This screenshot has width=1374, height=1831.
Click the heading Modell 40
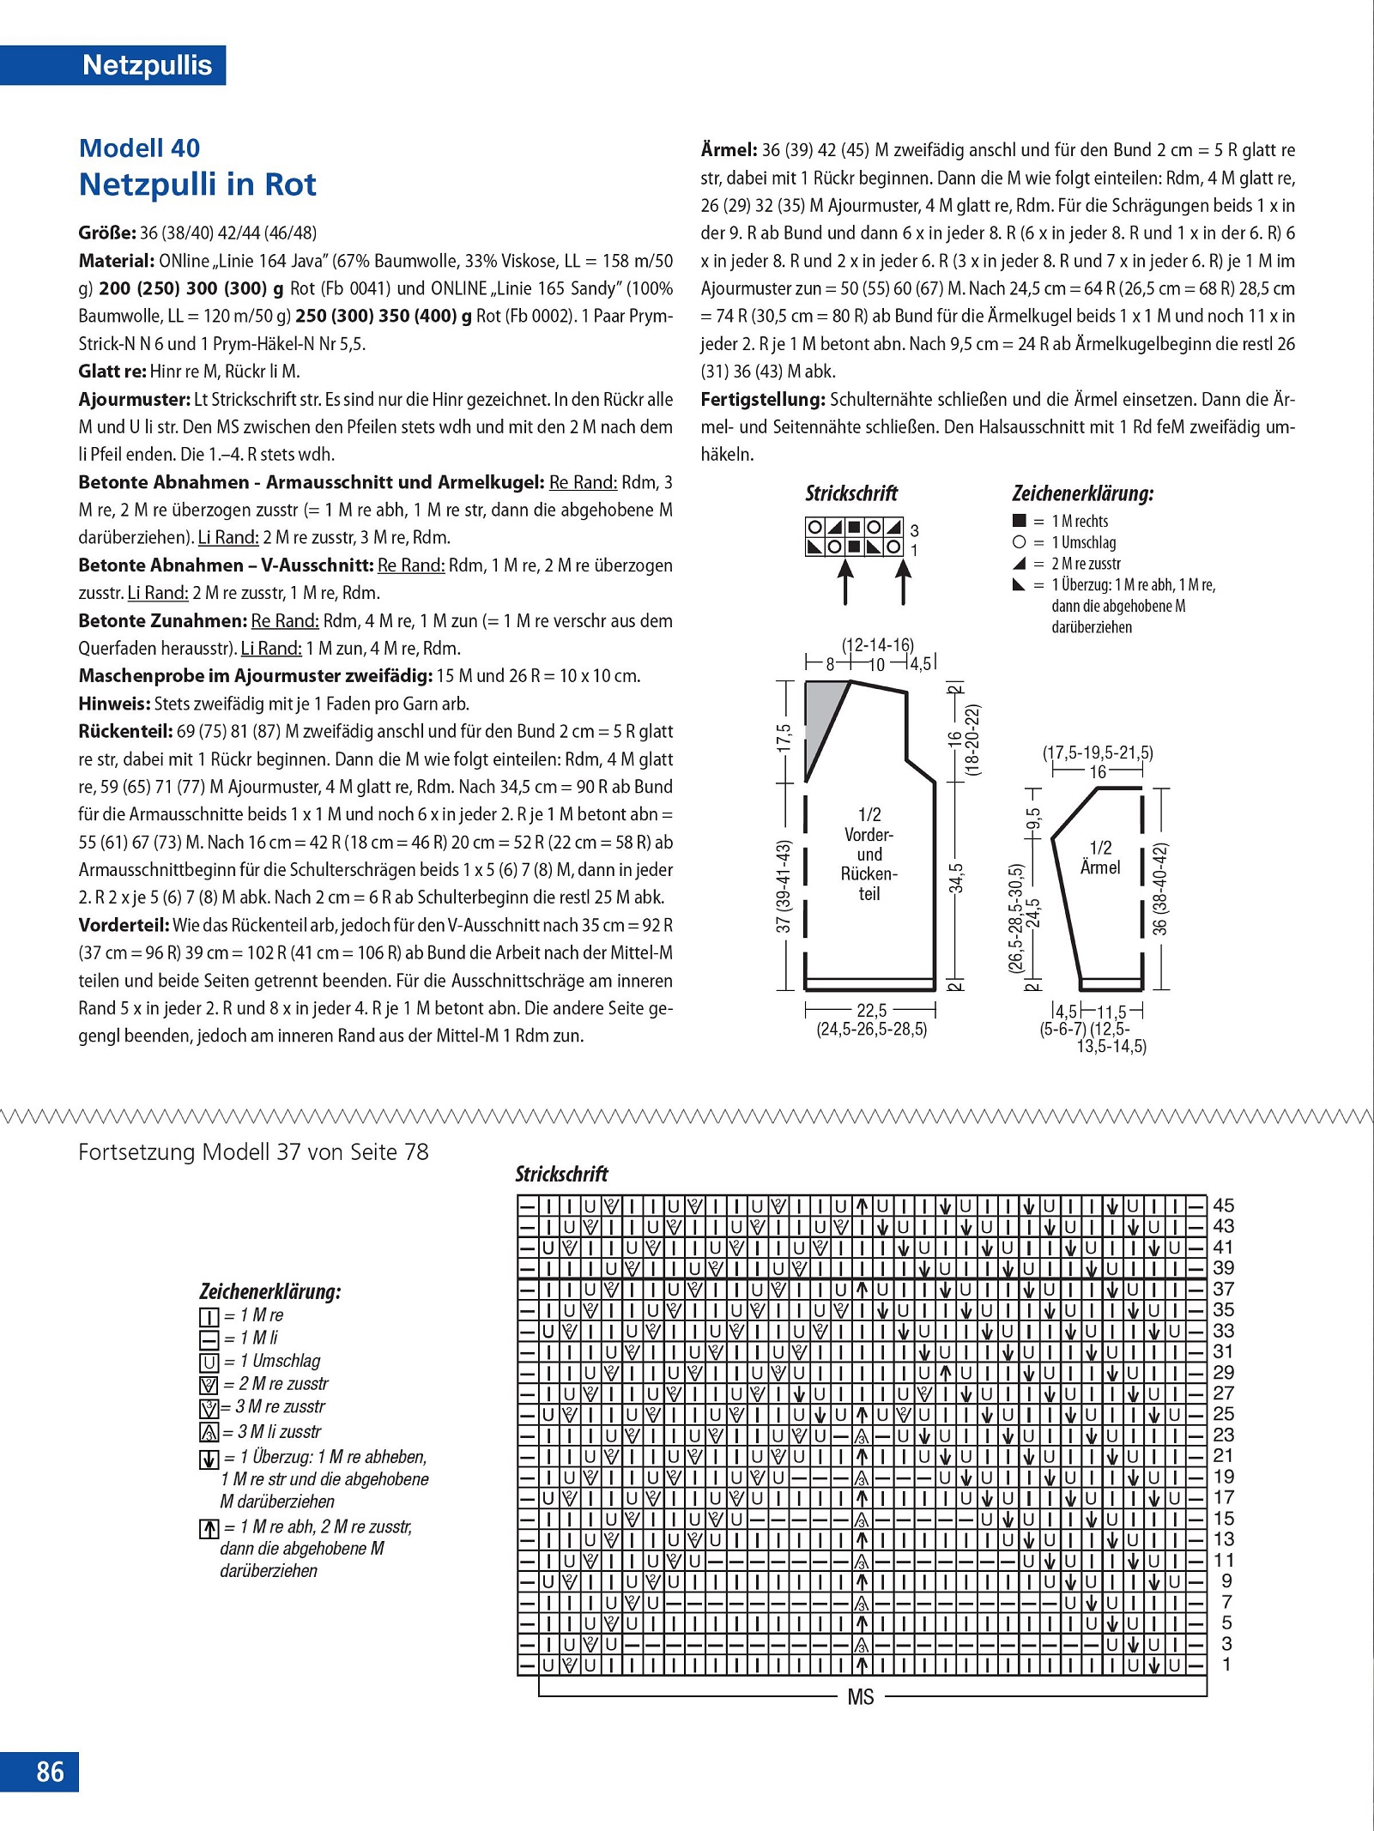139,148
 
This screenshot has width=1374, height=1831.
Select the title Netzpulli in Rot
197,184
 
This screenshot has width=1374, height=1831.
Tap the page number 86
50,1771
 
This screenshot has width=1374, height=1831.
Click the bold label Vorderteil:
124,925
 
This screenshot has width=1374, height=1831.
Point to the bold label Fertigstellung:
763,399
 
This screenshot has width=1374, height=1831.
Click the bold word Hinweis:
114,704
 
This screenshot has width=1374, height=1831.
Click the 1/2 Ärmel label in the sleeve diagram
1100,857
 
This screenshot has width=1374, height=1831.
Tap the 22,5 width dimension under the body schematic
872,1010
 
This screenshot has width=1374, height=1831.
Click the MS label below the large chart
860,1697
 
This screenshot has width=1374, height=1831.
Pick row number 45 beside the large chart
1223,1206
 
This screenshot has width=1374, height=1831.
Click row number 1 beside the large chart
1226,1665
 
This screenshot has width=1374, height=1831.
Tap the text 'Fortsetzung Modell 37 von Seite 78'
253,1151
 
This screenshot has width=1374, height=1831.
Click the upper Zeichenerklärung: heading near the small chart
1083,493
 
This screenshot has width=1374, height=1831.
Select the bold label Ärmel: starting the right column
729,149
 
